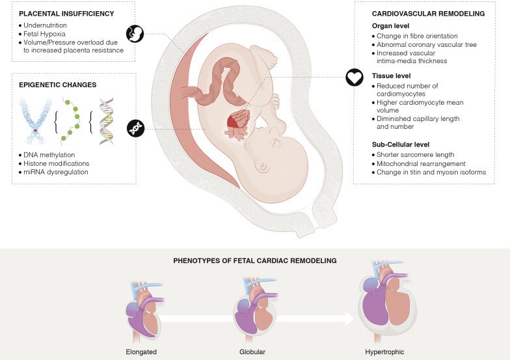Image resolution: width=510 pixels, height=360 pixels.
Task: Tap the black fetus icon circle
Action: coord(135,33)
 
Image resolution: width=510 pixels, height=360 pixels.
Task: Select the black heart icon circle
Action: coord(353,78)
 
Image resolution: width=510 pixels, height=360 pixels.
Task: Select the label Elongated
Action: coord(141,352)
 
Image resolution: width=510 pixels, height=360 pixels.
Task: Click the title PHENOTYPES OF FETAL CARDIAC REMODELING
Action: coord(254,260)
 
